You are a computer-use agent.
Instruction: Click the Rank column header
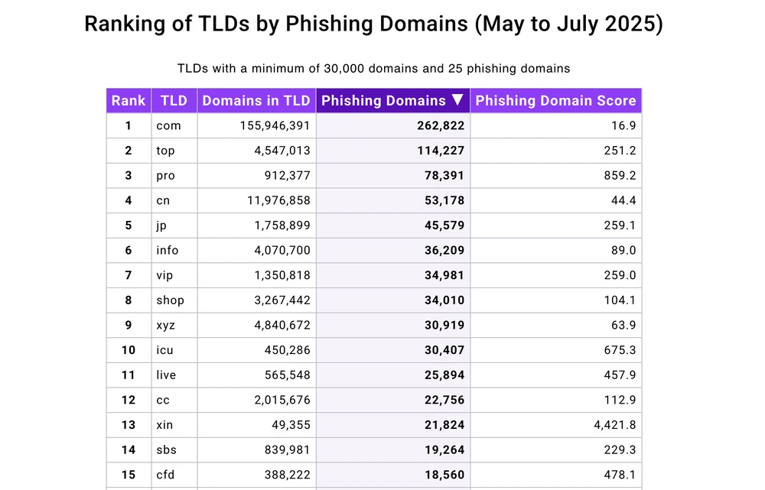(x=129, y=101)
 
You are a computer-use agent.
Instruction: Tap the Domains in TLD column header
(x=256, y=101)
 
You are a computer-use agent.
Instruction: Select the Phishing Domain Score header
(x=555, y=101)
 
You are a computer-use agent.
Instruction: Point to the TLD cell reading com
(x=168, y=126)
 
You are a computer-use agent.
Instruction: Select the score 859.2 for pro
(x=620, y=176)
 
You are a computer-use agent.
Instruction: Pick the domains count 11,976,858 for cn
(x=273, y=201)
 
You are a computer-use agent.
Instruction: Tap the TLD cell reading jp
(x=162, y=226)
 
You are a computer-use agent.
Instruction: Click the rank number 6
(x=129, y=251)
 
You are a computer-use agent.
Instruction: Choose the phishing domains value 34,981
(x=444, y=275)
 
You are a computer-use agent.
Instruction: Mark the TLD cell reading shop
(x=170, y=300)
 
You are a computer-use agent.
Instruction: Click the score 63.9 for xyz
(x=623, y=325)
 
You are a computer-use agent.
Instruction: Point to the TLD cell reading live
(x=166, y=375)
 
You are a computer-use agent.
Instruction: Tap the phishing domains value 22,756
(x=444, y=400)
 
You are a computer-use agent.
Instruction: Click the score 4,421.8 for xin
(x=614, y=425)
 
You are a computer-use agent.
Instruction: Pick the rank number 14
(x=129, y=449)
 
